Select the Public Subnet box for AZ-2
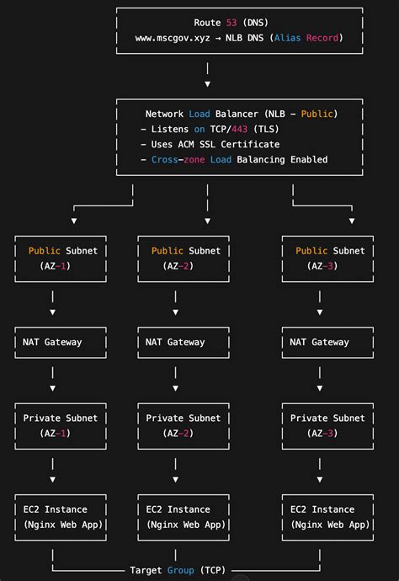pos(185,258)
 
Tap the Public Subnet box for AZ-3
pos(329,258)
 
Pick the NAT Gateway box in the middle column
pos(174,343)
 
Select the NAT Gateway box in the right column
pos(318,343)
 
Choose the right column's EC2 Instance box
pos(329,517)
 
